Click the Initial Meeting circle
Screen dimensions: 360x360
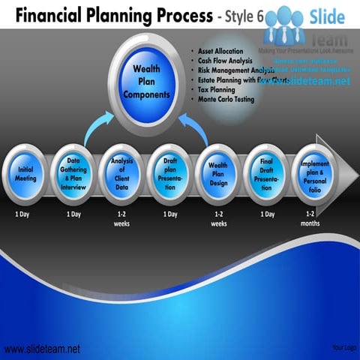[25, 174]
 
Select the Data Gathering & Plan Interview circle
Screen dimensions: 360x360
[73, 174]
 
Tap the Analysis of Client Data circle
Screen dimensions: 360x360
[121, 174]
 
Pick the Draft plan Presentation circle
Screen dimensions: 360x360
[170, 175]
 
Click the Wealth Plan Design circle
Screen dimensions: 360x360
[218, 175]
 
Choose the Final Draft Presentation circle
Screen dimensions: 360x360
[266, 174]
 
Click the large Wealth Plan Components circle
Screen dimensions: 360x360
[146, 82]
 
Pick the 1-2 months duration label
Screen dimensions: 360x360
[310, 219]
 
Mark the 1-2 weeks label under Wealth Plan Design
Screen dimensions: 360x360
[218, 219]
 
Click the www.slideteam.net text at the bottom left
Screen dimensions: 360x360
[42, 349]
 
